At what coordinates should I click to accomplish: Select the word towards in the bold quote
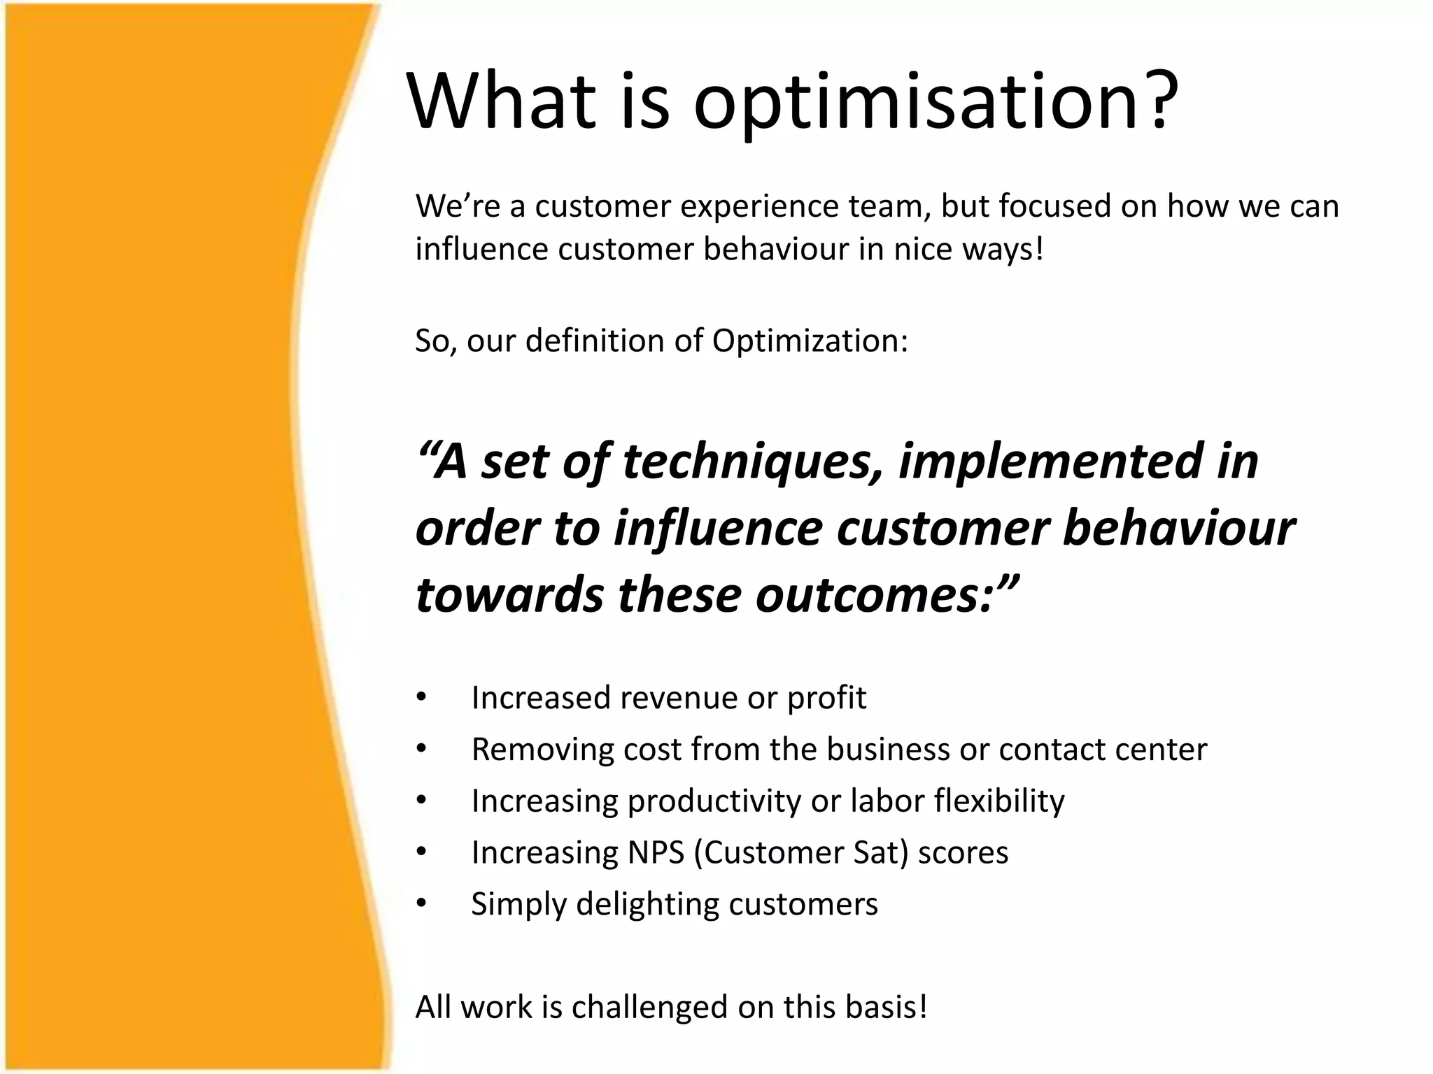(x=509, y=596)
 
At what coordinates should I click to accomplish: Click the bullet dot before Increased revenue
(x=421, y=697)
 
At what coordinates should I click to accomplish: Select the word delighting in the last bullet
(x=647, y=905)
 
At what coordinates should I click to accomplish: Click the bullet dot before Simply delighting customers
(x=421, y=903)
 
